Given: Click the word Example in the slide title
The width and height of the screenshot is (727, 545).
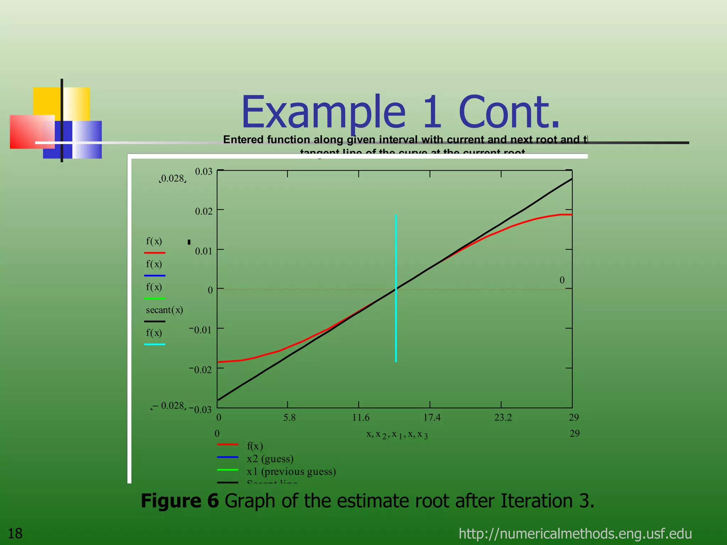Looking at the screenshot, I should pyautogui.click(x=323, y=112).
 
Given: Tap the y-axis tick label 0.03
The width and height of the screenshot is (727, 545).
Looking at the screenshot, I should pyautogui.click(x=203, y=171).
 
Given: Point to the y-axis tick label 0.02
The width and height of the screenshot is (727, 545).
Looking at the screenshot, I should pyautogui.click(x=203, y=211).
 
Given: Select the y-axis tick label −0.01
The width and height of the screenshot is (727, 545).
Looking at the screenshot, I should pyautogui.click(x=201, y=330).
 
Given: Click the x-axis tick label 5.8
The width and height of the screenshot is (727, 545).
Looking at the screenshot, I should pyautogui.click(x=289, y=417).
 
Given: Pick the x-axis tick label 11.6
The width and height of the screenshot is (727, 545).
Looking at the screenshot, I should pyautogui.click(x=361, y=417).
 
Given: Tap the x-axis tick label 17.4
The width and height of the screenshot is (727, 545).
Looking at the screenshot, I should pyautogui.click(x=432, y=417).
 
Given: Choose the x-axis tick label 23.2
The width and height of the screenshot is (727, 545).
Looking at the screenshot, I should pyautogui.click(x=503, y=417).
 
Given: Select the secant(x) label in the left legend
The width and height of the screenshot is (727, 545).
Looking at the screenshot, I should pyautogui.click(x=164, y=310).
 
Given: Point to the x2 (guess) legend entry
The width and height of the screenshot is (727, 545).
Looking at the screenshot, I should pyautogui.click(x=270, y=458).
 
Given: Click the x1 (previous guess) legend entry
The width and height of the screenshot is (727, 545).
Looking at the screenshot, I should pyautogui.click(x=291, y=471).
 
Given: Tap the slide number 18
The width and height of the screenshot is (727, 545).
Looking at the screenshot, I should pyautogui.click(x=15, y=533).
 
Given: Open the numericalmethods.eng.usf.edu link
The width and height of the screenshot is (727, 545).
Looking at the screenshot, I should pyautogui.click(x=575, y=533).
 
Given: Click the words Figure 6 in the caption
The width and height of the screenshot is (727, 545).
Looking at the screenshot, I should pyautogui.click(x=180, y=501).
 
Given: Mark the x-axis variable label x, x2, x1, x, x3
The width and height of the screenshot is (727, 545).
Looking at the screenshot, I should pyautogui.click(x=397, y=434).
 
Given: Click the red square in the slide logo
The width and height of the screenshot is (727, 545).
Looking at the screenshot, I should pyautogui.click(x=28, y=131).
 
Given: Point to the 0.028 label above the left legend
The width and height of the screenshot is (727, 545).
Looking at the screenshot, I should pyautogui.click(x=173, y=178).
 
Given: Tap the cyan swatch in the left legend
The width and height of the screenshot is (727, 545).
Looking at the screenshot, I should pyautogui.click(x=155, y=344).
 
